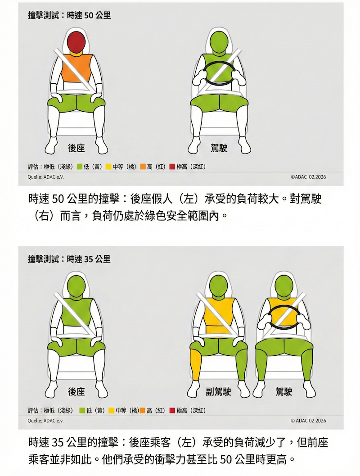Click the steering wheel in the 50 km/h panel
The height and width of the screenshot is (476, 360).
click(x=219, y=73)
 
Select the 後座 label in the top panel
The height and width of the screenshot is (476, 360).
click(x=76, y=148)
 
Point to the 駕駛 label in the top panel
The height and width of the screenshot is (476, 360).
click(x=219, y=148)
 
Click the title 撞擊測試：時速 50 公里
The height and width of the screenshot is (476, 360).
click(x=69, y=15)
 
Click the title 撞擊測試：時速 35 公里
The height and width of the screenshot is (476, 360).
click(x=69, y=259)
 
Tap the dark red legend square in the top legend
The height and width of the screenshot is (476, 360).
click(x=172, y=167)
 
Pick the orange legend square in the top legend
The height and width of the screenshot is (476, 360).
click(x=143, y=167)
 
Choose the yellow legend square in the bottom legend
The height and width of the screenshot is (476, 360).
click(x=112, y=410)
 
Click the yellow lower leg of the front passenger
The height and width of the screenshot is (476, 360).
click(x=197, y=365)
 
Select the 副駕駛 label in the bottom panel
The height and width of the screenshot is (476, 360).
click(x=218, y=392)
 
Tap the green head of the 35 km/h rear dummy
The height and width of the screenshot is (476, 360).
click(x=76, y=286)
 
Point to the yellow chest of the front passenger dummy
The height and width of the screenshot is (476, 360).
click(x=219, y=314)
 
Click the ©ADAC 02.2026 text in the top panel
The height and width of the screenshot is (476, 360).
click(x=308, y=177)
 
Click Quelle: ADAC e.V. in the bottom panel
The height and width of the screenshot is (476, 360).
click(x=46, y=421)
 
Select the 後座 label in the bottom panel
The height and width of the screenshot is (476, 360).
click(x=76, y=392)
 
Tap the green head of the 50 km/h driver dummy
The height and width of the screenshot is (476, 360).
click(x=219, y=41)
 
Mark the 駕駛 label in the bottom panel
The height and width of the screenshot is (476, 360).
click(x=284, y=392)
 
